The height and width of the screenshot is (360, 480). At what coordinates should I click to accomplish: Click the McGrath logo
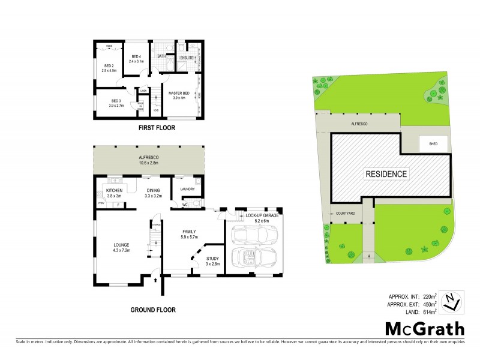tap(424, 328)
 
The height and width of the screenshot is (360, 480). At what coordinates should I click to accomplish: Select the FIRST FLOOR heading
tap(147, 128)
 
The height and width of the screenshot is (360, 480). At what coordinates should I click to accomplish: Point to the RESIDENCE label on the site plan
tap(387, 175)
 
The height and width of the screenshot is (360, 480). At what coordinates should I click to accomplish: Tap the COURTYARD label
tap(346, 213)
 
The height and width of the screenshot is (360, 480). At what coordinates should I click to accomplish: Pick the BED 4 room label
tap(136, 59)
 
